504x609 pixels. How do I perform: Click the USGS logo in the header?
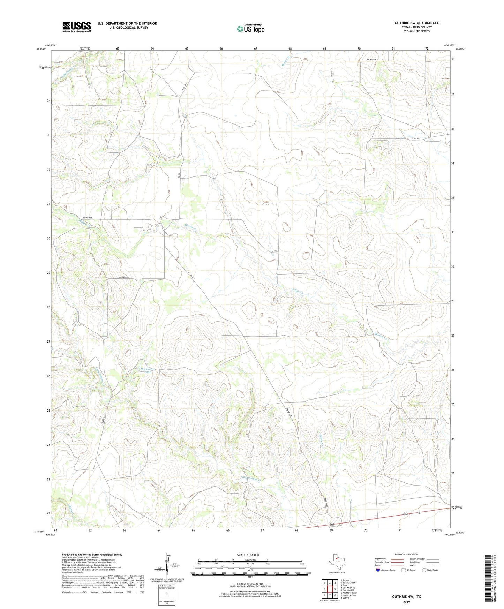coord(77,27)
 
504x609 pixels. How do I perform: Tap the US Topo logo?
coord(250,28)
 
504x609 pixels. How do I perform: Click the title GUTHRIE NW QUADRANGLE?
coord(416,23)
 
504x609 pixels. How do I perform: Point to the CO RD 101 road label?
coord(88,218)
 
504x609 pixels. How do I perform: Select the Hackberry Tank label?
coord(145,370)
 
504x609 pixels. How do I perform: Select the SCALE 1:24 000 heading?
coord(248,555)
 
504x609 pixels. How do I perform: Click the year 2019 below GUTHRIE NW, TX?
coord(406,602)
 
